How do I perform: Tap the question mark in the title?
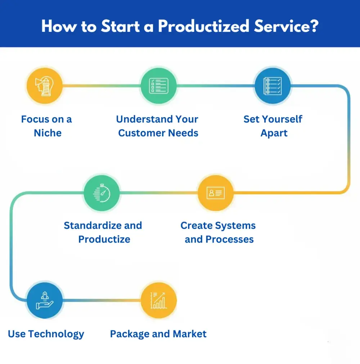pos(314,27)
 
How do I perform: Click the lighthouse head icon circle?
pos(45,86)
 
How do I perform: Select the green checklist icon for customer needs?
pos(158,86)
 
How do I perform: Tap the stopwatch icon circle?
pos(102,193)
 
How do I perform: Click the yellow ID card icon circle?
pos(215,193)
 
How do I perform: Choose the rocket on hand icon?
pos(45,300)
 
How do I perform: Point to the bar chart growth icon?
pos(158,300)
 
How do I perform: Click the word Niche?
pos(48,133)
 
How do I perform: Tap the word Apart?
pos(274,133)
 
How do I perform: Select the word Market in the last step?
pos(190,334)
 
